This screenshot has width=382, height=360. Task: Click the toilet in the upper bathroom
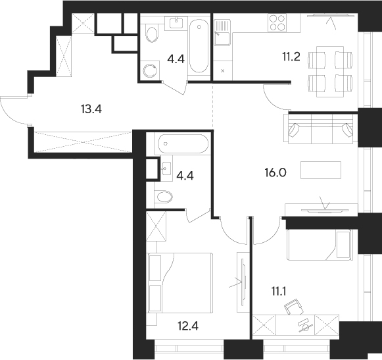[151, 33]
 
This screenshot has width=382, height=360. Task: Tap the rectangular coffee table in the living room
[322, 170]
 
